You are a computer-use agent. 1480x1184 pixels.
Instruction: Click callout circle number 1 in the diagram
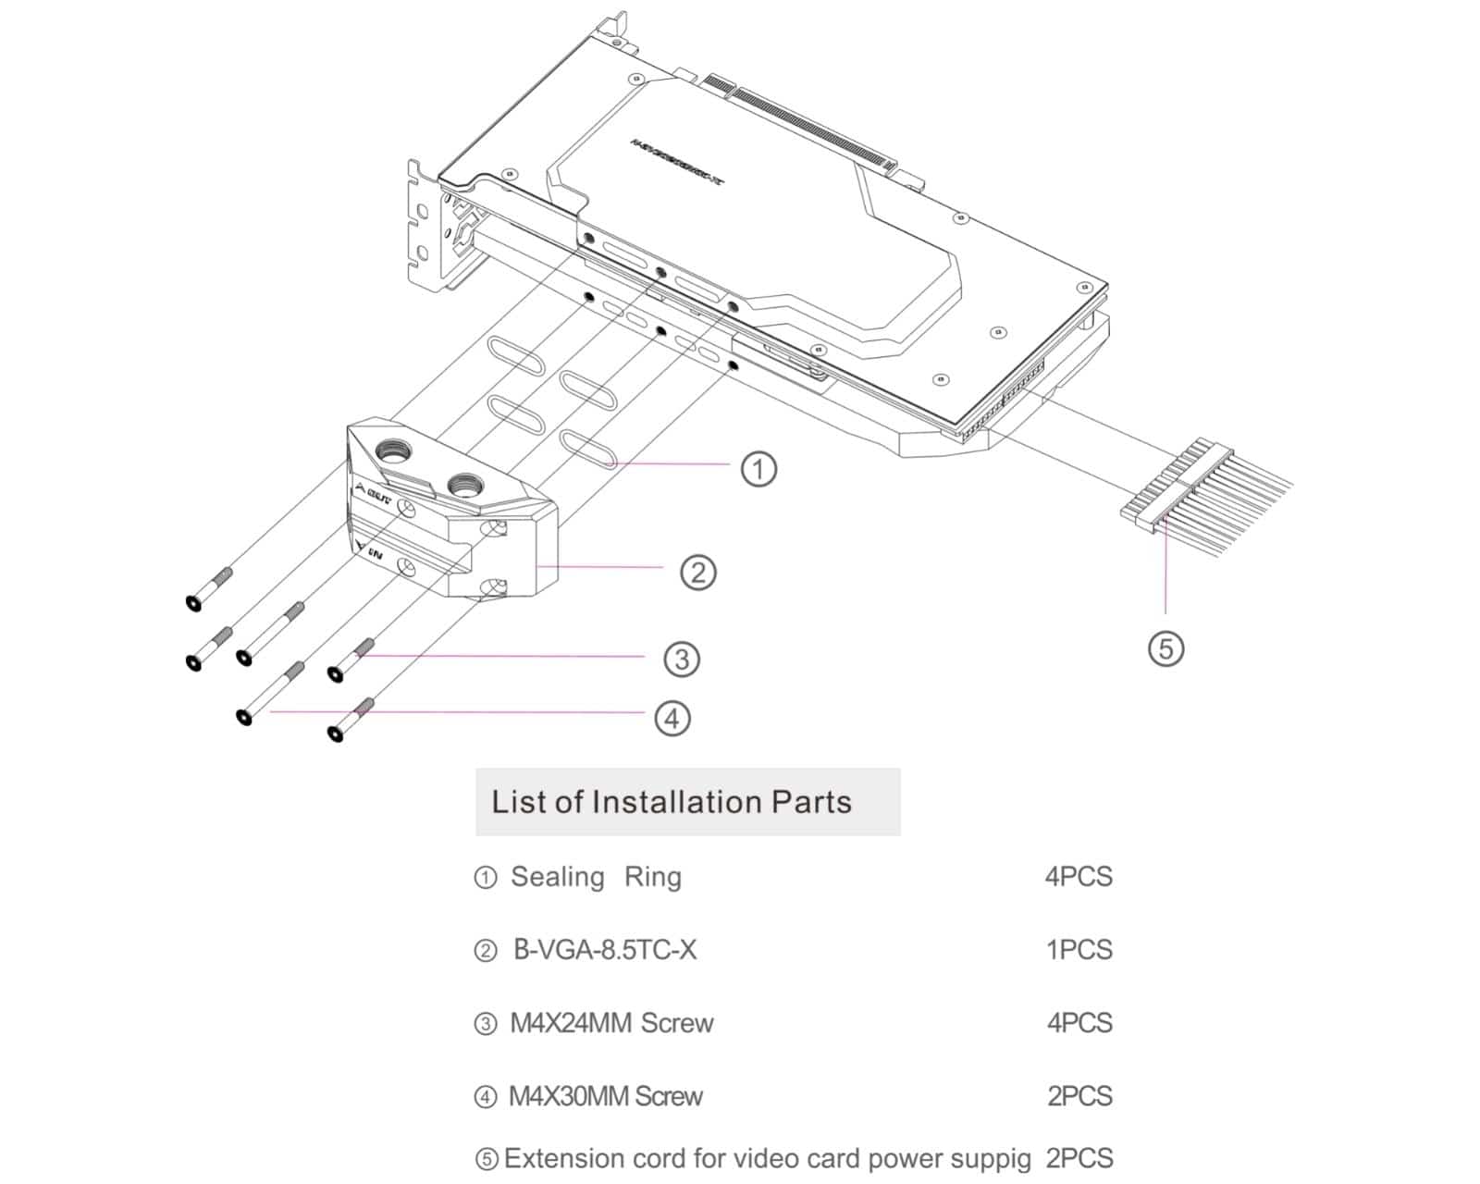click(x=758, y=468)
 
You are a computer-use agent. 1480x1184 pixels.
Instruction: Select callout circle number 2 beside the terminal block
click(x=698, y=572)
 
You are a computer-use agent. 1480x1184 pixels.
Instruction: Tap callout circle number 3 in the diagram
click(x=682, y=659)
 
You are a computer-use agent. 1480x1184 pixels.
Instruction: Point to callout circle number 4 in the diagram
click(x=672, y=718)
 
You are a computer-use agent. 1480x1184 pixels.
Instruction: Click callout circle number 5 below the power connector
click(x=1165, y=647)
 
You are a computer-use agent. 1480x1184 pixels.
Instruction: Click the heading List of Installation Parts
click(x=672, y=802)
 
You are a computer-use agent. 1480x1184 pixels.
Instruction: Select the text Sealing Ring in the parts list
click(x=596, y=876)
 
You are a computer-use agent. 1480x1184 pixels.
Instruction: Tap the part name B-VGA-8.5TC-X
click(x=605, y=950)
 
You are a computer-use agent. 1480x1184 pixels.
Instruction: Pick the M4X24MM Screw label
click(x=611, y=1023)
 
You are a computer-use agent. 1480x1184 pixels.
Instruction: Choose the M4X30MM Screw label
click(x=606, y=1097)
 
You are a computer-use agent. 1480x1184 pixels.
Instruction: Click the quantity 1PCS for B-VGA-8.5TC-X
click(x=1079, y=950)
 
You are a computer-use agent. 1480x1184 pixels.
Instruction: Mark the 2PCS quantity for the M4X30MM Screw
click(x=1079, y=1096)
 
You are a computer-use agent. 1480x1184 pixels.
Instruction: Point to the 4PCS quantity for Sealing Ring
click(x=1079, y=876)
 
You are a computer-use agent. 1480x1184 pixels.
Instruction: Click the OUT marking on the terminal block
click(x=378, y=497)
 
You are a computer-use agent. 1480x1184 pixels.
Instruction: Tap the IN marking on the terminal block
click(x=376, y=553)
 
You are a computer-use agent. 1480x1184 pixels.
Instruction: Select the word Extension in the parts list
click(x=563, y=1158)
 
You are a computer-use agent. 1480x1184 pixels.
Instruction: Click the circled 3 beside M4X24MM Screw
click(x=485, y=1024)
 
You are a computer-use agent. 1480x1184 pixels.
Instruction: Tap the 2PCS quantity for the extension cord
click(x=1079, y=1158)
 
